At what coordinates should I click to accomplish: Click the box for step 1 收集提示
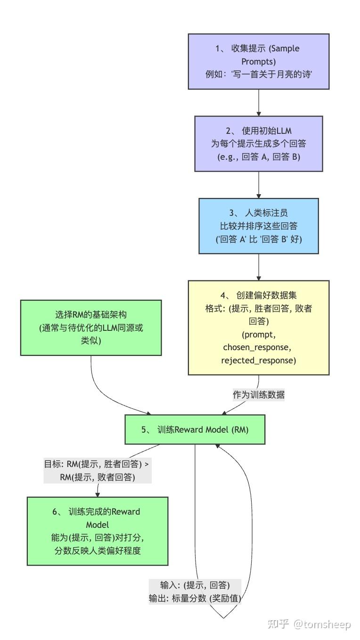(258, 61)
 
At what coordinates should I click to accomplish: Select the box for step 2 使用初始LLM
(258, 143)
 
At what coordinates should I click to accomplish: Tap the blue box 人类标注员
(258, 227)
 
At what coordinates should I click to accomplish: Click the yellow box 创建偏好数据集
(258, 328)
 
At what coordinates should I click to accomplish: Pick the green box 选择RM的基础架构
(91, 328)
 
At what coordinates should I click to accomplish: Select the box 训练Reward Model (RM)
(195, 429)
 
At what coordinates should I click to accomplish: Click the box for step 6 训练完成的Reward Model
(98, 531)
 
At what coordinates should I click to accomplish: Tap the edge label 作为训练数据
(258, 395)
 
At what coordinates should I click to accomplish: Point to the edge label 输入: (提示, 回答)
(195, 585)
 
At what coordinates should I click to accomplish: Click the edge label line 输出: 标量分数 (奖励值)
(195, 599)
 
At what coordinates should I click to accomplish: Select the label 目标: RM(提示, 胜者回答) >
(97, 464)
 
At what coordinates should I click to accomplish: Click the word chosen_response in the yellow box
(258, 347)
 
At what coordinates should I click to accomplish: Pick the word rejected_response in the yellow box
(258, 361)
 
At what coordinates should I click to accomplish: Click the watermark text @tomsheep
(322, 624)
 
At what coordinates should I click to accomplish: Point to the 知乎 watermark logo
(278, 624)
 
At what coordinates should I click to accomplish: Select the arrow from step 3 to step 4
(259, 267)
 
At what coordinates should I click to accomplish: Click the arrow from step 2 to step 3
(259, 185)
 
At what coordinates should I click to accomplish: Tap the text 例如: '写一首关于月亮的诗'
(258, 74)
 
